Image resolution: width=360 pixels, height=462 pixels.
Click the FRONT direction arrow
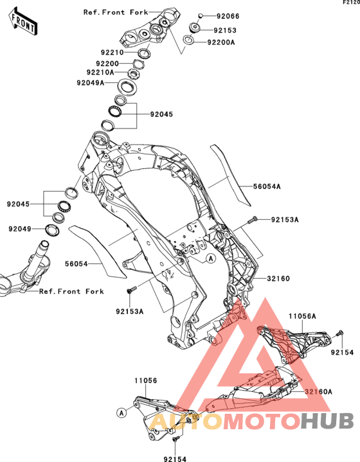click(23, 21)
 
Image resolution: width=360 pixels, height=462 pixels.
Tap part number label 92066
click(228, 16)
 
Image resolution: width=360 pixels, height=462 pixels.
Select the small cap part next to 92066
click(200, 15)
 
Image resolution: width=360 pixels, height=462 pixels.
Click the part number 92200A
click(221, 42)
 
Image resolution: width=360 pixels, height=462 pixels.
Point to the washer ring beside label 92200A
click(188, 40)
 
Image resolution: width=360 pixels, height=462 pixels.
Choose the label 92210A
click(100, 72)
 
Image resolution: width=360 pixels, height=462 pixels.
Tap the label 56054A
click(267, 186)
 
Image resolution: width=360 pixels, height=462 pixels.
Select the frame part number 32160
click(278, 278)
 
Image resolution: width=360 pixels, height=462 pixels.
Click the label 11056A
click(302, 316)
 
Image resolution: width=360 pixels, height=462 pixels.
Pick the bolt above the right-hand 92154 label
click(340, 333)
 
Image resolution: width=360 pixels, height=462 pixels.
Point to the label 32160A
click(318, 391)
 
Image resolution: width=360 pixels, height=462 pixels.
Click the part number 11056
click(146, 380)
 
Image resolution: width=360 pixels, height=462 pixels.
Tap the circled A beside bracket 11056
click(122, 413)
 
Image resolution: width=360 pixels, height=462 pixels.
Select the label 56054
click(76, 264)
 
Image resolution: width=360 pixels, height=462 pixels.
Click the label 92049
click(20, 229)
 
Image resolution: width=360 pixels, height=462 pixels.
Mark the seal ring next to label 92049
click(53, 229)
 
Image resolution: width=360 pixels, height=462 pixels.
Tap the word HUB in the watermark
click(327, 421)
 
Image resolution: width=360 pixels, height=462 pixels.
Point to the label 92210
click(112, 53)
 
